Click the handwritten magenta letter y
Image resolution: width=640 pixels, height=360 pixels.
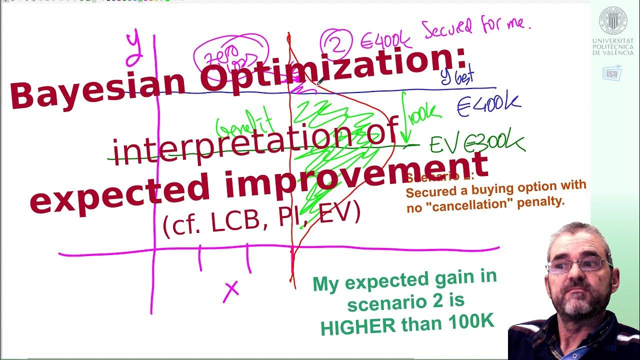[x=133, y=47]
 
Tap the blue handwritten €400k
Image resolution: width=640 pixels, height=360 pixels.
[x=488, y=105]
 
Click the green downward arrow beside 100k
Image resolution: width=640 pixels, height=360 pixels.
[x=405, y=120]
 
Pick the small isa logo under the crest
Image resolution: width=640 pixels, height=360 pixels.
[x=612, y=73]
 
